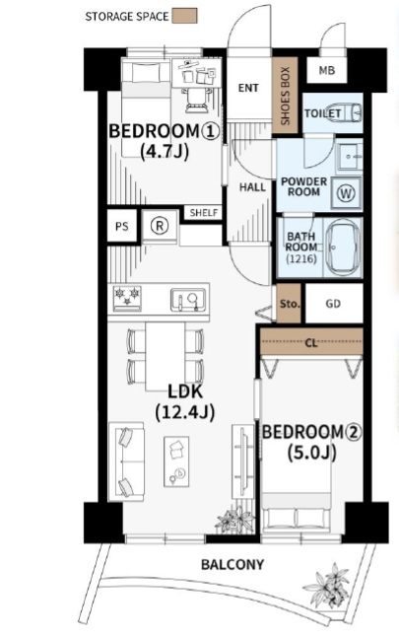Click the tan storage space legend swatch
pos(184,16)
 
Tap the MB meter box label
pos(327,70)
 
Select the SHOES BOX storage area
pos(286,96)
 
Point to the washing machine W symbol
pos(346,193)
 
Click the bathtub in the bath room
pos(343,248)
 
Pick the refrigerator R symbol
pos(160,226)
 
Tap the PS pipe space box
pos(122,226)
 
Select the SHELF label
pos(204,212)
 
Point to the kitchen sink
pos(188,300)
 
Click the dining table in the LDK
pos(166,356)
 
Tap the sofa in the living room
pos(126,461)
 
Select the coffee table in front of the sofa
pos(176,461)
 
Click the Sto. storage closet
pos(289,304)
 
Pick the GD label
pos(333,304)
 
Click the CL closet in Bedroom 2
pos(311,341)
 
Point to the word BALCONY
pos(233,564)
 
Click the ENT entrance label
pos(248,88)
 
